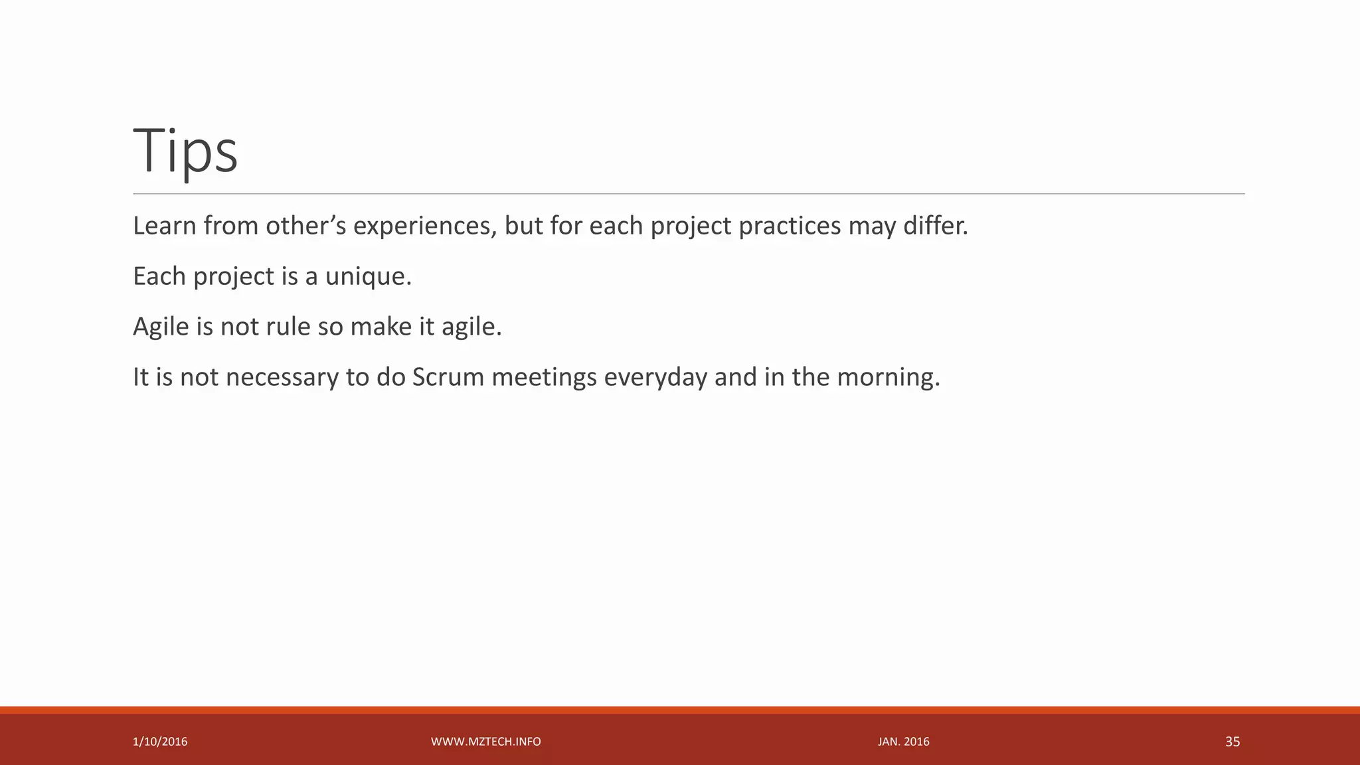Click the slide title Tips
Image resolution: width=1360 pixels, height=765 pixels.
[x=185, y=151]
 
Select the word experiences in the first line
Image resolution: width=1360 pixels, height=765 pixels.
[x=424, y=226]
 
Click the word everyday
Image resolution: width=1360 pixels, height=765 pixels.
[x=655, y=377]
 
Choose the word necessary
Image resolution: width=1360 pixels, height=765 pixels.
[x=282, y=377]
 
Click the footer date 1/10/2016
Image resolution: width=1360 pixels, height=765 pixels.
[x=160, y=742]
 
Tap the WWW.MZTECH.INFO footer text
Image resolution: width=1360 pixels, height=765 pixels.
[x=485, y=742]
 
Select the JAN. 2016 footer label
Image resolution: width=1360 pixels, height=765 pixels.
[x=903, y=742]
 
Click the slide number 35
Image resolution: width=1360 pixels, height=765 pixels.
[x=1232, y=742]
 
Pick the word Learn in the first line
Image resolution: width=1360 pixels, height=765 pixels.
[x=164, y=226]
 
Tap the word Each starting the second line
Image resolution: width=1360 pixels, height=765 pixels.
[x=159, y=276]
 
